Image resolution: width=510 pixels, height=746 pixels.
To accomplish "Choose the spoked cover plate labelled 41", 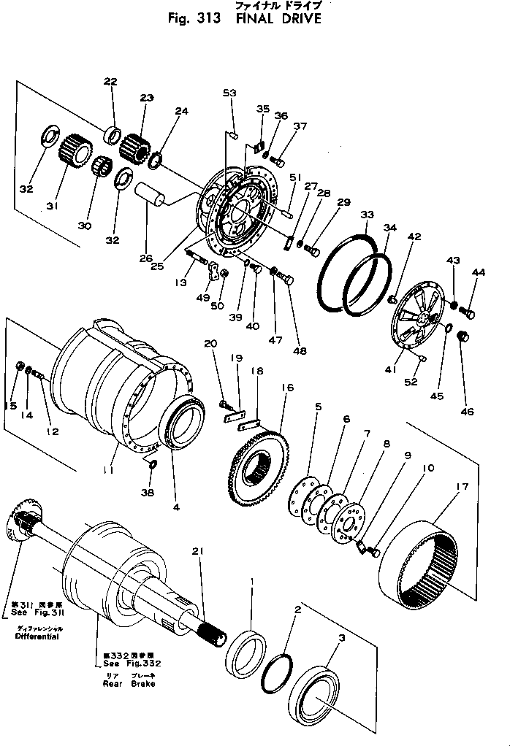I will coord(413,321).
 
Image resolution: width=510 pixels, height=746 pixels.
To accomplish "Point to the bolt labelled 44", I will coord(470,314).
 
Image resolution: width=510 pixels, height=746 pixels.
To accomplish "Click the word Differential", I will coord(37,637).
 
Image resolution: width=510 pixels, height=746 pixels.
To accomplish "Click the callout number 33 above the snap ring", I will coord(367,215).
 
